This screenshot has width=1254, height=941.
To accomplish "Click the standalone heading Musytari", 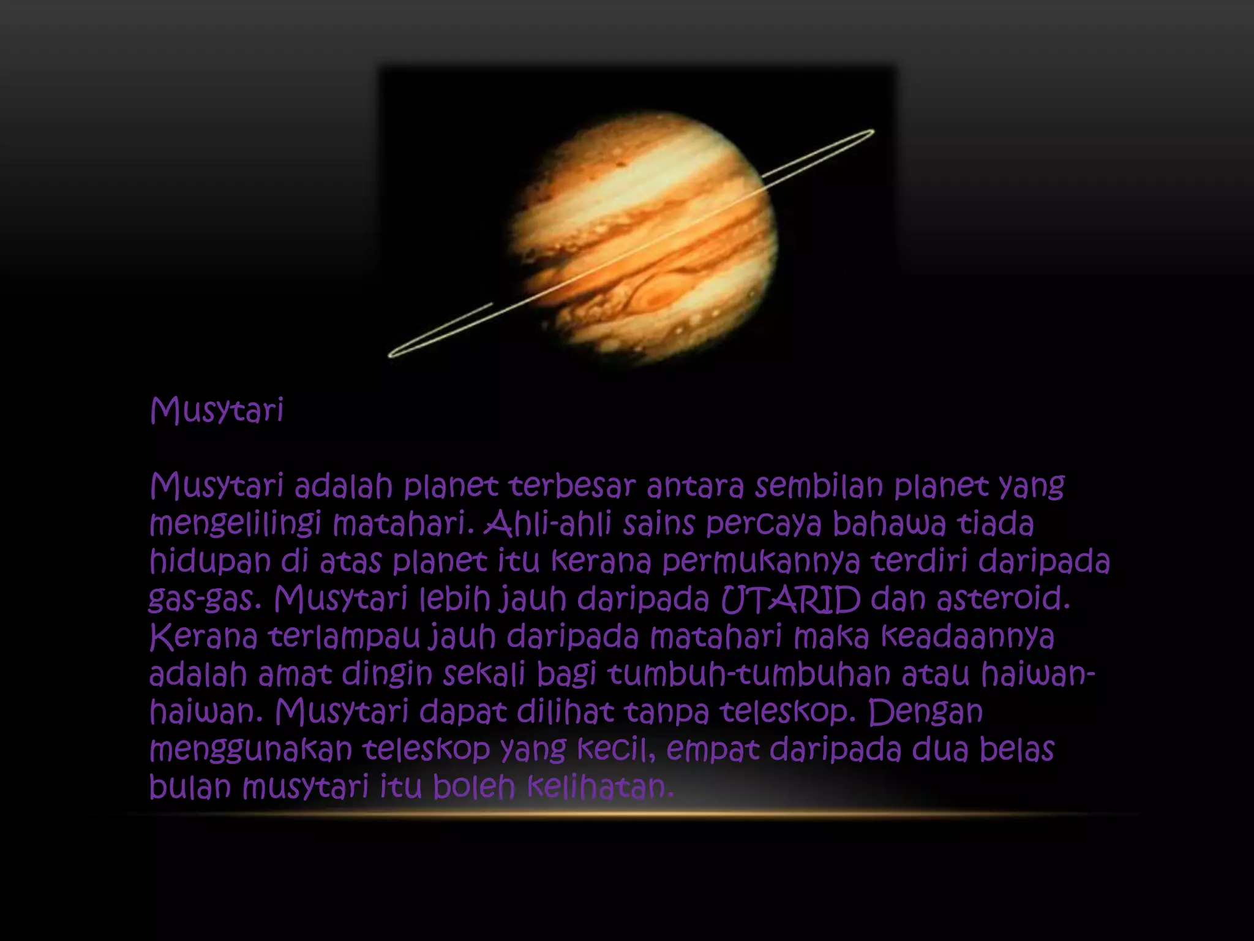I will (x=217, y=410).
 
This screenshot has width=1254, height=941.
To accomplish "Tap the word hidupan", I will (x=210, y=562).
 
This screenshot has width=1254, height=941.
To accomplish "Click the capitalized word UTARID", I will (x=790, y=600).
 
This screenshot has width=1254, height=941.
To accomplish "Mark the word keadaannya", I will (x=967, y=638).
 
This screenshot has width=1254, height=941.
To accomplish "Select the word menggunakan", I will (x=251, y=750).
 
